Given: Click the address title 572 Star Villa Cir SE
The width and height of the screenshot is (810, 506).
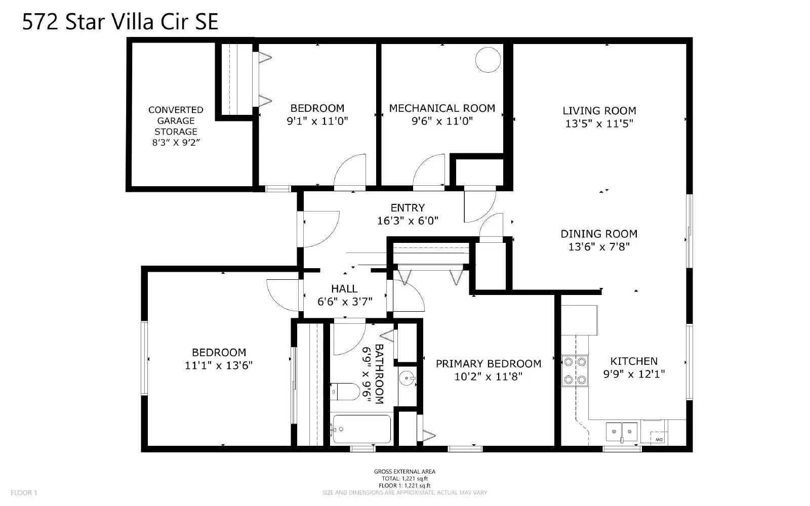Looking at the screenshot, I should coord(120,22).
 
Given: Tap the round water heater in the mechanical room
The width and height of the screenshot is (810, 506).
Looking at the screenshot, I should coord(488,60).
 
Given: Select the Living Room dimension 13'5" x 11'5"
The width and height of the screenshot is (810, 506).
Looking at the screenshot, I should coord(599,123).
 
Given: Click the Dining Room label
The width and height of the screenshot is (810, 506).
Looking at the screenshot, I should coord(599,234).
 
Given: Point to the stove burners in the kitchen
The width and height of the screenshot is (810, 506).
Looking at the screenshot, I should coord(575,371).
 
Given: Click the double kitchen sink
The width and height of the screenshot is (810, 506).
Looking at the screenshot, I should coord(622,432).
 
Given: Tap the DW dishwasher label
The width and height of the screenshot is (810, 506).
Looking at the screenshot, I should coord(659,439).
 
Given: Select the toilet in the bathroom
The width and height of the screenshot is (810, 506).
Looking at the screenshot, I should coord(345,391).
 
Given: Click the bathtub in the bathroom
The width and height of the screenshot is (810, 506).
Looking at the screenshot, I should coord(361,429).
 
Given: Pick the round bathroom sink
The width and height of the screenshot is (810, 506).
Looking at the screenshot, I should coord(407,377).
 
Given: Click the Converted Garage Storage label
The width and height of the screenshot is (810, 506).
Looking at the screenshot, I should coord(176,120).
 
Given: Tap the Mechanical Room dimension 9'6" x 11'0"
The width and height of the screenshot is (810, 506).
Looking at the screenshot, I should coord(442,121).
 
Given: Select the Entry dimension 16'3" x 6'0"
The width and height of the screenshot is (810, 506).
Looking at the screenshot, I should coord(408,221).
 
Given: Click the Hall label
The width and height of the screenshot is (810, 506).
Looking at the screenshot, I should coord(344,289).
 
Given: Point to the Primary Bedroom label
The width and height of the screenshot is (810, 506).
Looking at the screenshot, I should coord(489,364).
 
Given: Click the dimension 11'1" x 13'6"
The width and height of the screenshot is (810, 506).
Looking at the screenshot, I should coord(219,365).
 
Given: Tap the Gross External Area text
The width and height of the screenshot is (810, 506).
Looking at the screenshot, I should coord(404,472).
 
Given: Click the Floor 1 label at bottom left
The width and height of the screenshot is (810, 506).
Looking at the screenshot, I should coord(24,493).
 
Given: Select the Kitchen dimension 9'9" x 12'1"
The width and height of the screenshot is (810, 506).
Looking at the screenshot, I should coord(634,374).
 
